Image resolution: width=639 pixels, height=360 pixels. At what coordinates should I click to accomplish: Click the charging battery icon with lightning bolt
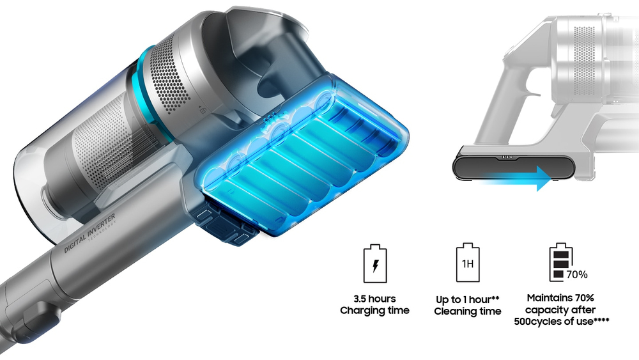(x=374, y=263)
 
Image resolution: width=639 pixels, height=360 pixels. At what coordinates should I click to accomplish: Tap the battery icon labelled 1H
(x=467, y=263)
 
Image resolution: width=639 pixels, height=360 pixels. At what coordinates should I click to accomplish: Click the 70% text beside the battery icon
(x=576, y=275)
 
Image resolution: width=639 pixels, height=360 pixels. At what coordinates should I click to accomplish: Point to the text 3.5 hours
(x=374, y=299)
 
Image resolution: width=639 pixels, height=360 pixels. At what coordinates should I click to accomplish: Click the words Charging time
(x=374, y=311)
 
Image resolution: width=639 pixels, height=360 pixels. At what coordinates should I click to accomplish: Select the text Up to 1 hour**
(x=467, y=299)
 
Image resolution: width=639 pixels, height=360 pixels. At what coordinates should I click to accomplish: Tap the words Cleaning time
(x=467, y=311)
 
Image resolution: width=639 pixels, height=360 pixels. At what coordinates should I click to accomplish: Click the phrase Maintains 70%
(x=560, y=298)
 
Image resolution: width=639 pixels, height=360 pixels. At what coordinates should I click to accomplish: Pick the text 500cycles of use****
(x=560, y=322)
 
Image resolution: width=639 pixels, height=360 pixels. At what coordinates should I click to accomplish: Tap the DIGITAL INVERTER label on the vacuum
(x=89, y=239)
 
